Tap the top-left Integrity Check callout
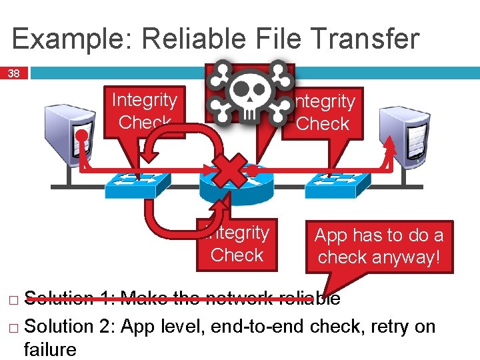point(144,111)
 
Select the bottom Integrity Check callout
point(237,244)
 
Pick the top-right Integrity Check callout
point(323,113)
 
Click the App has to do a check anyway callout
point(379,247)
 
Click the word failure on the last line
point(50,349)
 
